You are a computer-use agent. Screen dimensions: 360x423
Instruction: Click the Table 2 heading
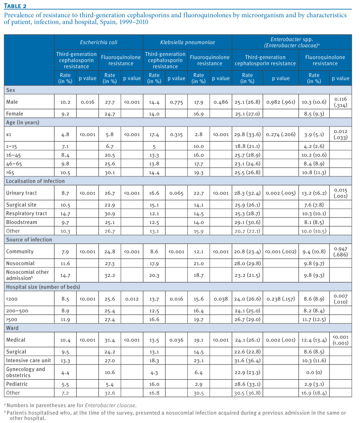[x=15, y=6]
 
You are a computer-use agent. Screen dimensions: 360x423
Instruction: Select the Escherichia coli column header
[x=99, y=42]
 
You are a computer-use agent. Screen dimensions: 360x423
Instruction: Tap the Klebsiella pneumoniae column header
[x=187, y=42]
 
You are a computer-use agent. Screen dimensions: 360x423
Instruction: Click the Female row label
[x=15, y=114]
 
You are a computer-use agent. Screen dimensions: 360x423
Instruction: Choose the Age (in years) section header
[x=23, y=122]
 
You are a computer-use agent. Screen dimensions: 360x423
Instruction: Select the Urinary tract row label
[x=21, y=193]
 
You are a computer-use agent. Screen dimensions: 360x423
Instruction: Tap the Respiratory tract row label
[x=26, y=213]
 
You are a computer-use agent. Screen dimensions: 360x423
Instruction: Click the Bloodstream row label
[x=22, y=222]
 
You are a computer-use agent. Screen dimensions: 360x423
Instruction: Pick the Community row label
[x=20, y=252]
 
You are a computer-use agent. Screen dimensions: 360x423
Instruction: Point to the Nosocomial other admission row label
[x=28, y=275]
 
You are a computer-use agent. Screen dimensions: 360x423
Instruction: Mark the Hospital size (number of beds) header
[x=43, y=287]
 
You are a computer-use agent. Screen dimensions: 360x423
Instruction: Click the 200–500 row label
[x=17, y=311]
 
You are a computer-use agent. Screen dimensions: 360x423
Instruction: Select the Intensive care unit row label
[x=29, y=360]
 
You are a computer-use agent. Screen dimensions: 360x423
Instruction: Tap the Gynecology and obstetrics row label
[x=26, y=372]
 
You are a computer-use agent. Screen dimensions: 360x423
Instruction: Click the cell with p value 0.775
[x=176, y=102]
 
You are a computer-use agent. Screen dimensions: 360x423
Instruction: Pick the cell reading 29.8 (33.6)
[x=247, y=134]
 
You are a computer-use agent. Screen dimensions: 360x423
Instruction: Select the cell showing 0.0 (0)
[x=314, y=372]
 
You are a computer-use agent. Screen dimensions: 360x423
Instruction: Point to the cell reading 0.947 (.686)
[x=341, y=252]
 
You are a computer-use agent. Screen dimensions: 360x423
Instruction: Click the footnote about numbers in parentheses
[x=70, y=405]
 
